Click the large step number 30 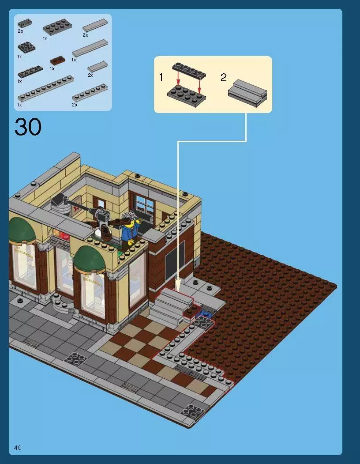coord(28,127)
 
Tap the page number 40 coord(18,448)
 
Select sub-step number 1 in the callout coord(161,78)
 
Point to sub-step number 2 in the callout coord(224,78)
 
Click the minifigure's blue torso coord(129,234)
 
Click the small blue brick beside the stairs coord(204,313)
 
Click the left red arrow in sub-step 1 coord(178,79)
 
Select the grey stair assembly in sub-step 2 coord(247,91)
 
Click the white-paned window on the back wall coord(144,207)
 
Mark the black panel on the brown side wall coord(175,259)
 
